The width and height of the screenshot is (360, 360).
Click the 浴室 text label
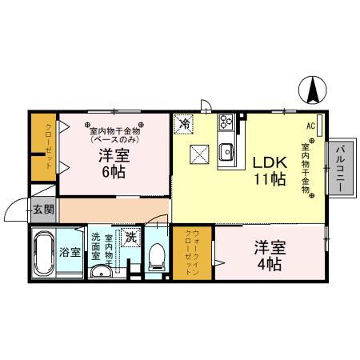[70, 253]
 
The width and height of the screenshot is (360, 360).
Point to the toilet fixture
[156, 256]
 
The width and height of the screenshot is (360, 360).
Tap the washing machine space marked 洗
[130, 238]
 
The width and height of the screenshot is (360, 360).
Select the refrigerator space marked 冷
[185, 124]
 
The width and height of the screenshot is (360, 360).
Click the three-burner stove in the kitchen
[226, 122]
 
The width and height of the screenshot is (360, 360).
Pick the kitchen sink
[226, 150]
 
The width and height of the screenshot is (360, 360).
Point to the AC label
[310, 126]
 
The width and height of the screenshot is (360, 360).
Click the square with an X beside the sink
[198, 153]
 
